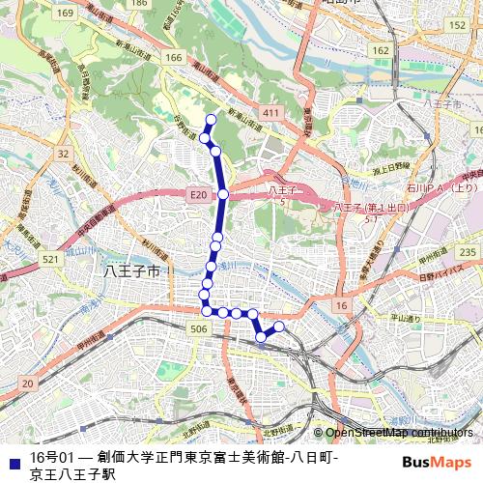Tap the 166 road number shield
click(174, 58)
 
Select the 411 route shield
click(270, 114)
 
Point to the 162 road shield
click(381, 50)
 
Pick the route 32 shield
click(63, 154)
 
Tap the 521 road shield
click(51, 260)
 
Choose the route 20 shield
click(27, 384)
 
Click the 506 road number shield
click(199, 329)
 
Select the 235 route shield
click(469, 252)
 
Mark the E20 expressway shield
click(198, 195)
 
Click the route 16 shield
click(340, 305)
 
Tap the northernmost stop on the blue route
click(211, 120)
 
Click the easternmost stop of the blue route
click(279, 327)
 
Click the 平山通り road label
click(405, 318)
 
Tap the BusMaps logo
click(437, 463)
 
